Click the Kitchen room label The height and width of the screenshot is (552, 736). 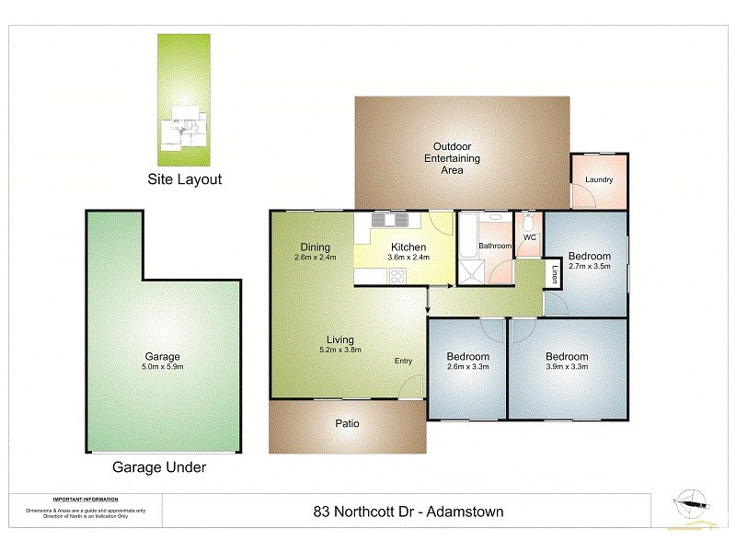tap(408, 247)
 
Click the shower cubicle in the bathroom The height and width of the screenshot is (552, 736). tap(473, 272)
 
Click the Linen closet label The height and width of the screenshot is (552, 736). tap(555, 273)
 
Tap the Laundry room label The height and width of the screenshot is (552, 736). tap(599, 180)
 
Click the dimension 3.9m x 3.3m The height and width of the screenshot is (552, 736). tap(566, 367)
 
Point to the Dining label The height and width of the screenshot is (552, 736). tap(316, 247)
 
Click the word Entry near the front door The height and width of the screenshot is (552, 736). tap(404, 361)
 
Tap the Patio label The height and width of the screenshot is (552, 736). tap(347, 424)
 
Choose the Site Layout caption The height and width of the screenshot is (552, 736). tap(185, 179)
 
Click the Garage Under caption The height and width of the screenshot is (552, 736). tap(159, 467)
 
